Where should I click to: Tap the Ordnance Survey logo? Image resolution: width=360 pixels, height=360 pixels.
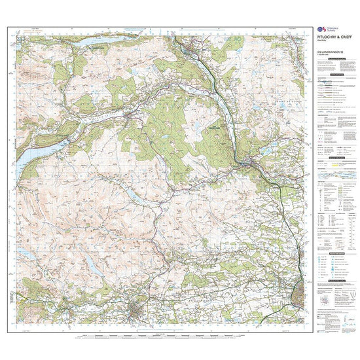click(x=321, y=31)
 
